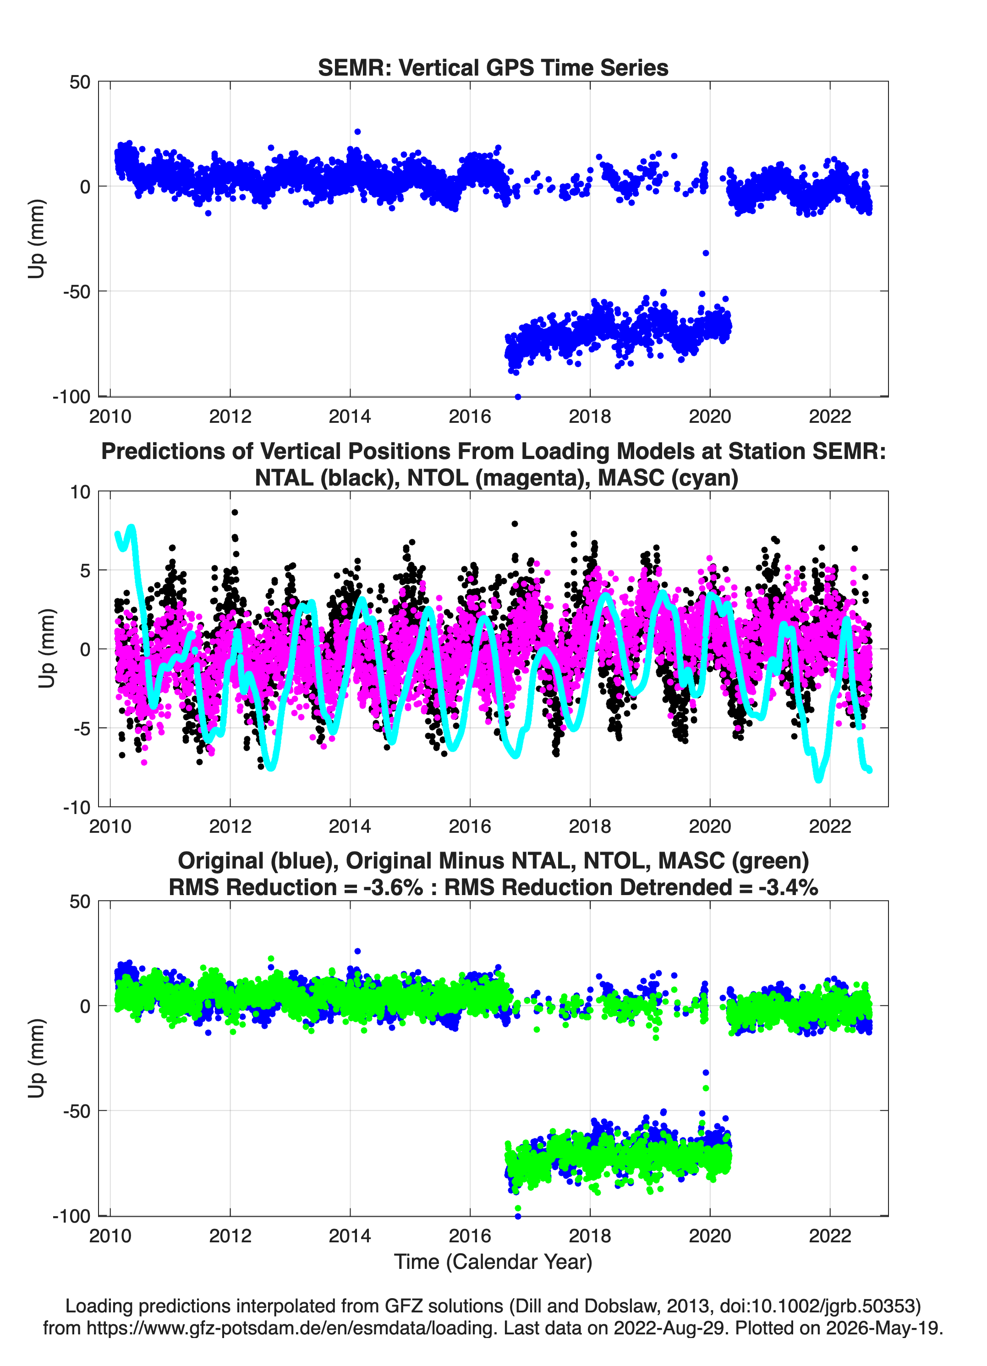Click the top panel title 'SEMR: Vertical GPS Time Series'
pyautogui.click(x=493, y=67)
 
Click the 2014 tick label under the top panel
pyautogui.click(x=350, y=416)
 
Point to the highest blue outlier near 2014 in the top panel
pyautogui.click(x=357, y=131)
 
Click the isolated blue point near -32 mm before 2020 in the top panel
pyautogui.click(x=706, y=253)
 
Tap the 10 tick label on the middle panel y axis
pyautogui.click(x=80, y=492)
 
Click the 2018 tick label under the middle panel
pyautogui.click(x=589, y=826)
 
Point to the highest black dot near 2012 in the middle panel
pyautogui.click(x=235, y=513)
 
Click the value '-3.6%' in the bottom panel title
pyautogui.click(x=393, y=887)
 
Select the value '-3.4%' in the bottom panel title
pyautogui.click(x=788, y=887)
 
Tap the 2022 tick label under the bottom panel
pyautogui.click(x=830, y=1236)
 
